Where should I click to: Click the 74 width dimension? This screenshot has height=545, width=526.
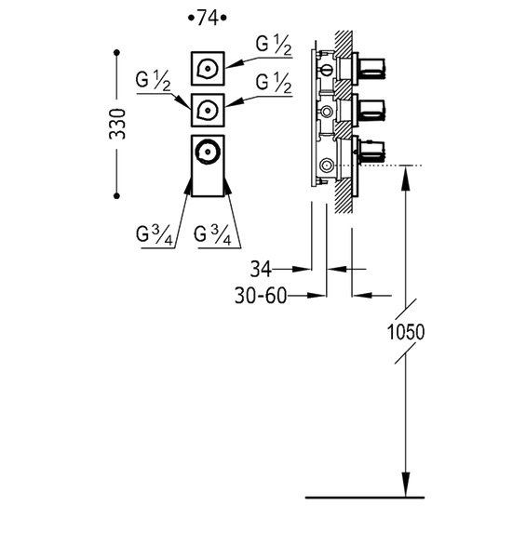208,18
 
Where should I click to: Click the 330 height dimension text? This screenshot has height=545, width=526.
117,124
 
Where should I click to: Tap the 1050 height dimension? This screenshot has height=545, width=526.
406,332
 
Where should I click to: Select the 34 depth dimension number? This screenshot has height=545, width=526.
261,269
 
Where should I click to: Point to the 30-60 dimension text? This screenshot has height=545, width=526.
262,296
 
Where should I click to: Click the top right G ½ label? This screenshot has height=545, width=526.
274,46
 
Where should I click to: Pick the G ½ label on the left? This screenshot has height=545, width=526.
153,82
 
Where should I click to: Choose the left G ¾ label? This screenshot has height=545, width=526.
155,235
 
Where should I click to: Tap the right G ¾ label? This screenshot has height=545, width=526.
212,235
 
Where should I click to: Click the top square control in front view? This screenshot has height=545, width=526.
208,69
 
